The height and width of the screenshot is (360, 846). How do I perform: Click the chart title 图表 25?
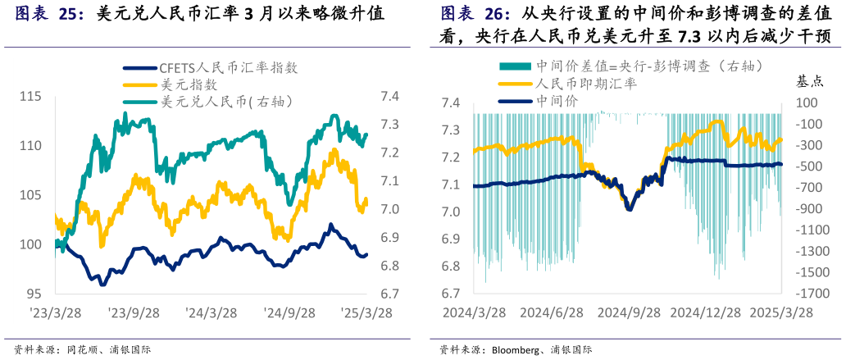coord(49,14)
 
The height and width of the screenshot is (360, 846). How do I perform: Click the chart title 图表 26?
coord(475,14)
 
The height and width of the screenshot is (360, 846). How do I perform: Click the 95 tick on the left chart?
coord(34,294)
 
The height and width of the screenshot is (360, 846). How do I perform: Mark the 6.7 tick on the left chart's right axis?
coord(390,294)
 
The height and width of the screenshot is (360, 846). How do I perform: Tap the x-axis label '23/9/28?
coord(130,312)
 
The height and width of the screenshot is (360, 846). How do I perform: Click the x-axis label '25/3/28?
coord(366,312)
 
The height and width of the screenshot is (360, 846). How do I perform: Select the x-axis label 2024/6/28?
coord(552,312)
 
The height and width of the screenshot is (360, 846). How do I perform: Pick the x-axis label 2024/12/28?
coord(705,312)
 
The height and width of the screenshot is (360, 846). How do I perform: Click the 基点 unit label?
coord(812,81)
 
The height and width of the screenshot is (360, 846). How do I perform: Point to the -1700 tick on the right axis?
coord(812,294)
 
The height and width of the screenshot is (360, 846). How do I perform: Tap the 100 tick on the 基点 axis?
coord(807,103)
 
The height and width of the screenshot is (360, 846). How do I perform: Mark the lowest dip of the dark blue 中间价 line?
coord(630,208)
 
